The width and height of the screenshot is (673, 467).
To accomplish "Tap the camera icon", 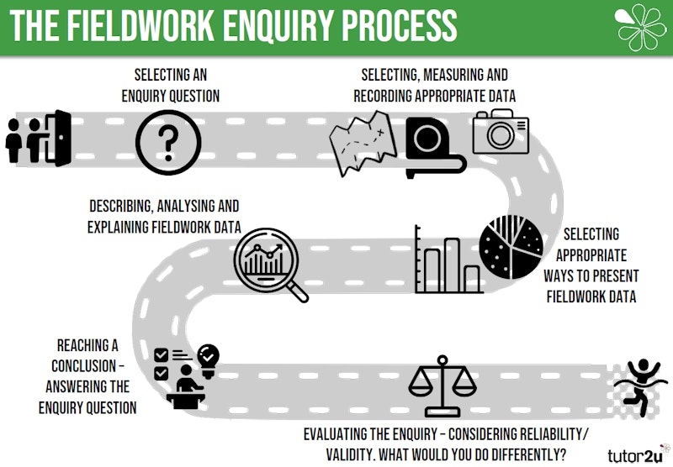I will point(501,133).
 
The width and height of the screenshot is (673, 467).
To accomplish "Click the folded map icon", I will point(362,143).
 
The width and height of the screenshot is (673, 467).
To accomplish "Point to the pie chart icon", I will point(511,248).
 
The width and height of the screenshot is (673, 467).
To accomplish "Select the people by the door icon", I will point(39,139).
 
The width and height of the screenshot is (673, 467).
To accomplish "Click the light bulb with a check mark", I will point(207,356).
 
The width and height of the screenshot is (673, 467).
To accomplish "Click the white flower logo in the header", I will point(642,27).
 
